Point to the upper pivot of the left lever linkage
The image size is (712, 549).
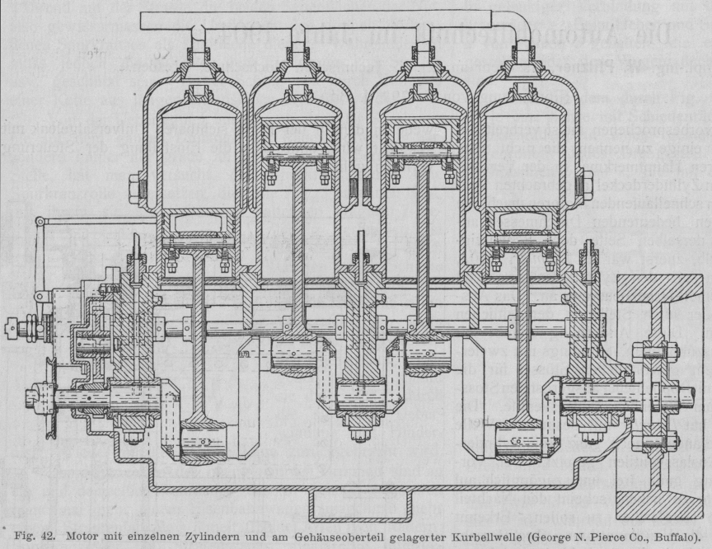(x=40, y=223)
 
